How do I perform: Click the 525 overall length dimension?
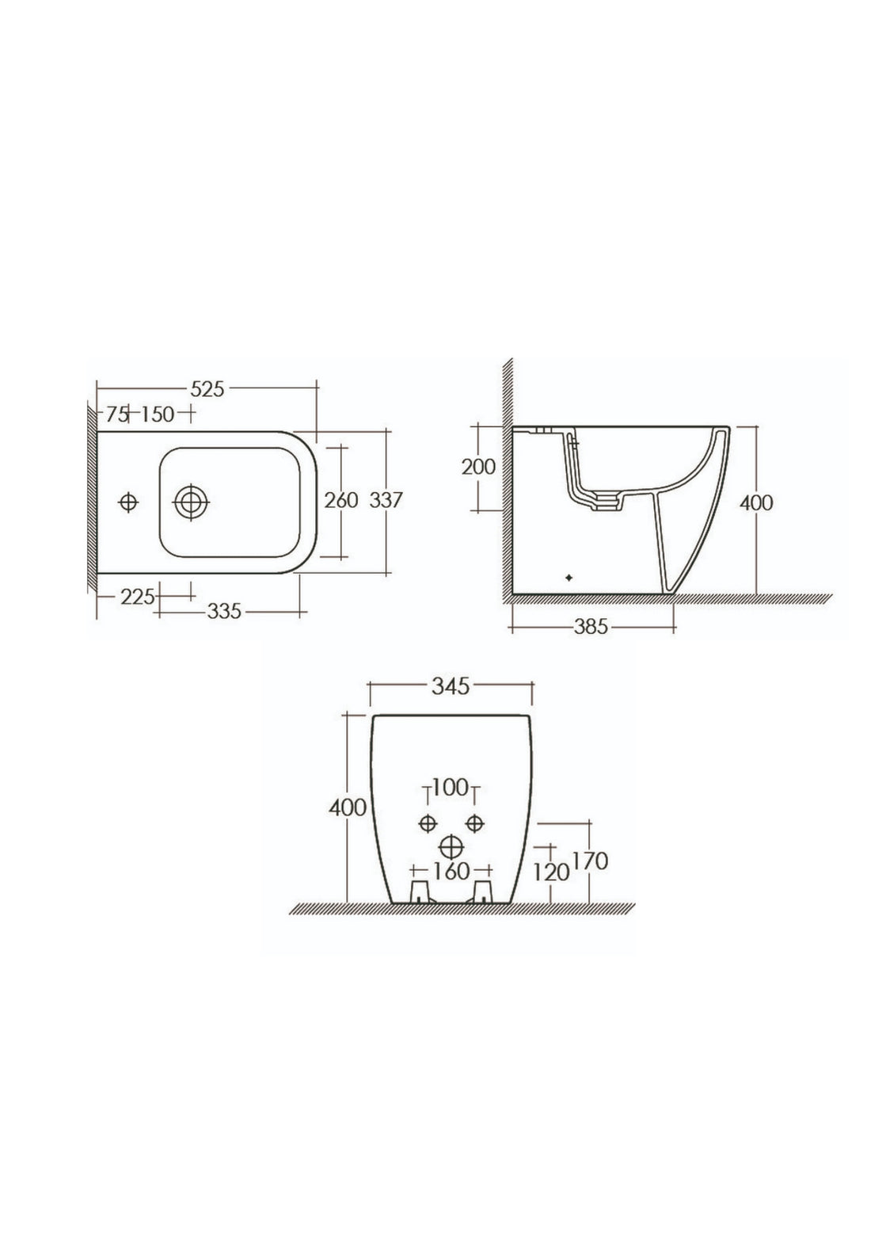[x=207, y=388]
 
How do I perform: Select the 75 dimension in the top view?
[x=117, y=414]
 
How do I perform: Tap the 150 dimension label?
[x=158, y=414]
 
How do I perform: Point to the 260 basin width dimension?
[x=341, y=500]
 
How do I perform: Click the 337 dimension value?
[x=387, y=500]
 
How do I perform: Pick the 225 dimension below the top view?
[x=137, y=596]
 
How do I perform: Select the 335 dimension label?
[x=224, y=611]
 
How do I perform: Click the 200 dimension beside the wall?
[x=478, y=467]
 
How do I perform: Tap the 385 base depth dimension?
[x=591, y=627]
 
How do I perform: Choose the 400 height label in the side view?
[x=757, y=502]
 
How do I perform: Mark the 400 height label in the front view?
[x=348, y=807]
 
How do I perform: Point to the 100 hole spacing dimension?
[x=451, y=789]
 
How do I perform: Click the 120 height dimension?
[x=552, y=872]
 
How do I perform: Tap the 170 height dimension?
[x=590, y=861]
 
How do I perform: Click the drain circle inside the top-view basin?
[x=191, y=502]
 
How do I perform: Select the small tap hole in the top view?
[x=128, y=502]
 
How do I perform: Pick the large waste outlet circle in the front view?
[x=451, y=846]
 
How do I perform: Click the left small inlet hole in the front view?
[x=428, y=821]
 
